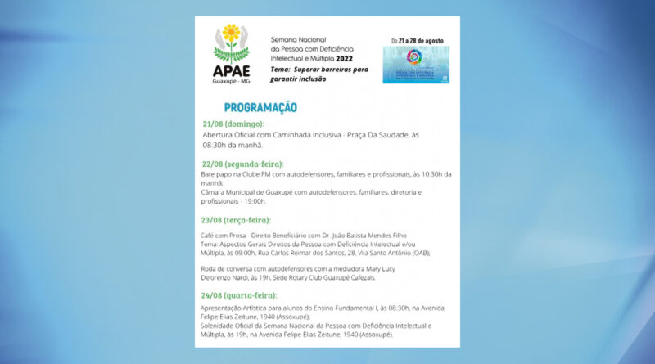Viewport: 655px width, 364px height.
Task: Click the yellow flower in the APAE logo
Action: [x=231, y=34]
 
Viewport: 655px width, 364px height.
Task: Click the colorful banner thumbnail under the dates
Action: [x=416, y=65]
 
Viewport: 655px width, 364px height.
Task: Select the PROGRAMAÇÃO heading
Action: [x=260, y=107]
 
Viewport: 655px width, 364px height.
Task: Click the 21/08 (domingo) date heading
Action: [x=233, y=124]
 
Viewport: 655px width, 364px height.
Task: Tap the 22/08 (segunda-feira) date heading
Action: [x=242, y=164]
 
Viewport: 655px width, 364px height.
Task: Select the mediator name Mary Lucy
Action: [x=378, y=269]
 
